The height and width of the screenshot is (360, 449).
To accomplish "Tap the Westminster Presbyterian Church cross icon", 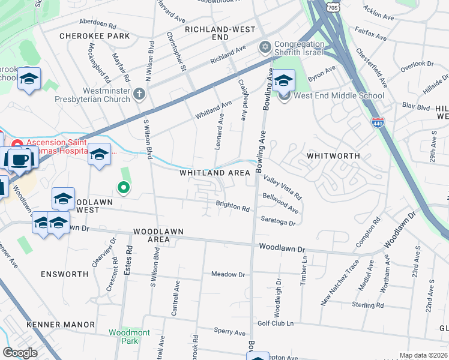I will tap(139, 93).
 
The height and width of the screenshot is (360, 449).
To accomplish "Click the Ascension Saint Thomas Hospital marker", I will tap(17, 145).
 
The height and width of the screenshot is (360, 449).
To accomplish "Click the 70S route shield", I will tap(333, 5).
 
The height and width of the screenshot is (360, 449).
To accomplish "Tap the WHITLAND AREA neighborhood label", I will tap(215, 173).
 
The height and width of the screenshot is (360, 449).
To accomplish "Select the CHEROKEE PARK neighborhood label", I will tap(95, 36).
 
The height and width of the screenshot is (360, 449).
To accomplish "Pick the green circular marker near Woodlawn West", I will tap(124, 188).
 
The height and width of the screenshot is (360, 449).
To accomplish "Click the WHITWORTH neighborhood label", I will tap(332, 155).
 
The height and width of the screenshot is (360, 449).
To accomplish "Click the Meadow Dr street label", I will tap(228, 274).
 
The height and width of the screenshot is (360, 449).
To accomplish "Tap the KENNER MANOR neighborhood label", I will tap(61, 325).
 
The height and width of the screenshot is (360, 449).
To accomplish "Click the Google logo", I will tap(20, 352).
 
